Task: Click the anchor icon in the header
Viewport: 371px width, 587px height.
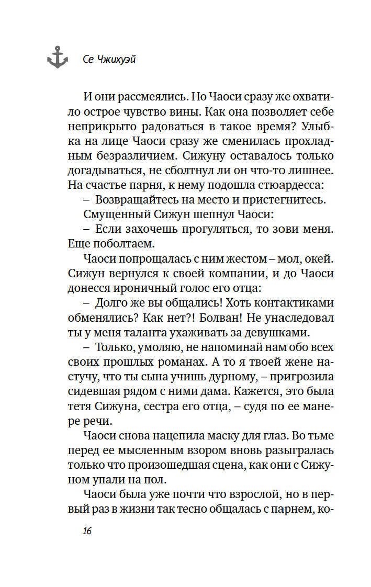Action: [x=57, y=57]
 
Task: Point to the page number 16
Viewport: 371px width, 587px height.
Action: [x=87, y=532]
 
